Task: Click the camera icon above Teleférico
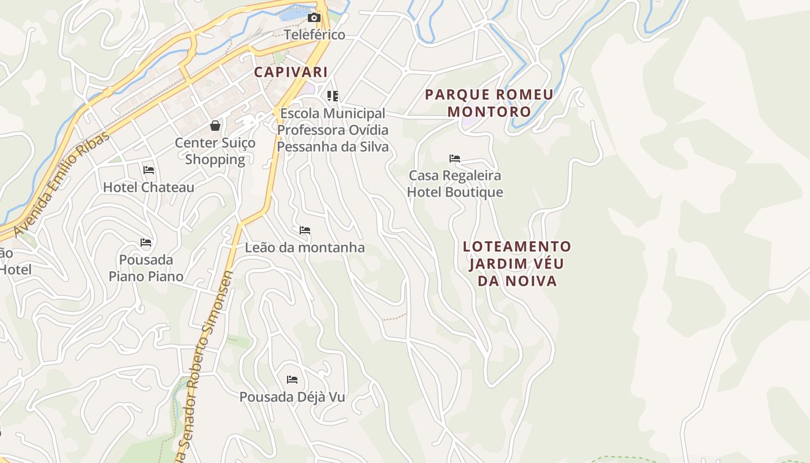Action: (314, 17)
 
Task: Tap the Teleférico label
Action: (314, 35)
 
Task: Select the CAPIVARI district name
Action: (291, 72)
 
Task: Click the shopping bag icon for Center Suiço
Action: (215, 126)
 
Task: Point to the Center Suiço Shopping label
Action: (215, 151)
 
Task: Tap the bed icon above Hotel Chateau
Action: (149, 170)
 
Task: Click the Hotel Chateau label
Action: (149, 188)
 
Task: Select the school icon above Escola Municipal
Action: (333, 95)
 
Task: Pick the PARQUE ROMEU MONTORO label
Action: (489, 103)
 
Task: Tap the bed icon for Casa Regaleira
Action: (455, 158)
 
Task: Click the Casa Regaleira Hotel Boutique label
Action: (455, 183)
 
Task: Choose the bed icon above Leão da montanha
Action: (305, 230)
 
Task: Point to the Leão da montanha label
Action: (305, 248)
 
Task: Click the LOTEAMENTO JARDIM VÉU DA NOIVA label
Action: (517, 264)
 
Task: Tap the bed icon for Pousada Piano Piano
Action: (146, 242)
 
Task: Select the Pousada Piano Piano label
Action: (146, 268)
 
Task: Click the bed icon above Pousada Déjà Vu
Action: (292, 380)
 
